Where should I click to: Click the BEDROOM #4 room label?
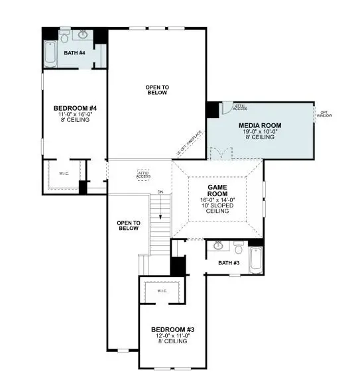(x=75, y=108)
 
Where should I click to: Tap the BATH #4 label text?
(x=74, y=52)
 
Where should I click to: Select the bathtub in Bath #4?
(x=51, y=54)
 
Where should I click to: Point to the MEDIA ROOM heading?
(x=260, y=125)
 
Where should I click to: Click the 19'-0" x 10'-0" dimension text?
(x=260, y=131)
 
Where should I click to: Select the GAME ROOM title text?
(x=218, y=191)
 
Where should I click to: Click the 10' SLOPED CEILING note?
(x=218, y=209)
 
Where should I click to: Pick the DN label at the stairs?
(x=160, y=192)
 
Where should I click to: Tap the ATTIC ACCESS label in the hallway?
(x=143, y=175)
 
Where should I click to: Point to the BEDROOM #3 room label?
(x=172, y=330)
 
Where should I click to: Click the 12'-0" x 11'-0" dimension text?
(x=172, y=337)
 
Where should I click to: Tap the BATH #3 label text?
(x=229, y=263)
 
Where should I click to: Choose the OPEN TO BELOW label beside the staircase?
(x=128, y=225)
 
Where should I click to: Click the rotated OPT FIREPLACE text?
(x=189, y=141)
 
